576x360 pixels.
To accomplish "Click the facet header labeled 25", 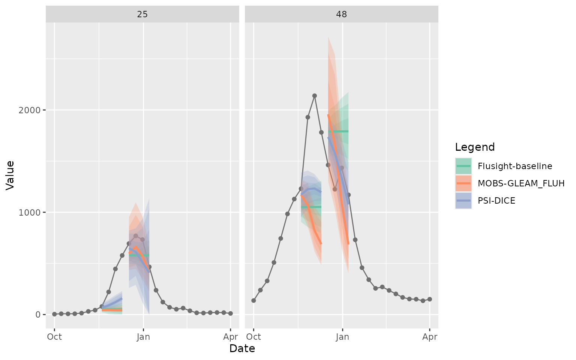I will coord(142,14).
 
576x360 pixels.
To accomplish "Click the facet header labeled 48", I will coord(341,14).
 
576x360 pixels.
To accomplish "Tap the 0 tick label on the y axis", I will coord(38,314).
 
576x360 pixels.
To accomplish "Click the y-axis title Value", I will coord(10,175).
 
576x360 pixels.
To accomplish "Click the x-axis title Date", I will coord(242,349).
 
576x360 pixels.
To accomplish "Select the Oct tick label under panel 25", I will coord(54,337).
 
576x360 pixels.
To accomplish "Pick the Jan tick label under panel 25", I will coord(143,337).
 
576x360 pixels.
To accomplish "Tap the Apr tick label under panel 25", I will coord(230,337).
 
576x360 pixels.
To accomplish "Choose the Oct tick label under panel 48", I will coord(253,337).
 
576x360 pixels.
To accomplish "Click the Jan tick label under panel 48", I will coord(342,337).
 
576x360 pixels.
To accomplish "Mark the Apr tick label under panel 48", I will coord(430,337).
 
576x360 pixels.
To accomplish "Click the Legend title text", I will coord(475,147).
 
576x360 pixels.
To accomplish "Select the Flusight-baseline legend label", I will coord(515,166).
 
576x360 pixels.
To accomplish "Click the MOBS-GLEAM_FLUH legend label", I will coord(521,183).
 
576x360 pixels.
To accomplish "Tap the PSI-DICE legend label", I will coord(496,201).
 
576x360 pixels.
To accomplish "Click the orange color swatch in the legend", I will coord(463,183).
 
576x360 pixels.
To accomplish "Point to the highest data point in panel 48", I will coord(315,96).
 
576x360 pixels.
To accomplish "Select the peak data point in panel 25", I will coord(136,236).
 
